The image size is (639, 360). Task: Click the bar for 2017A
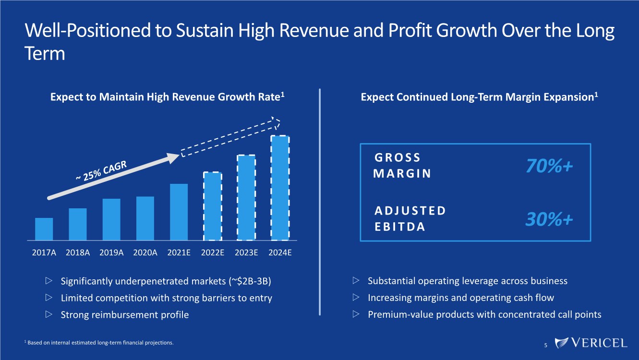[44, 229]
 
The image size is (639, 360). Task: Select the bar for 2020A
[145, 218]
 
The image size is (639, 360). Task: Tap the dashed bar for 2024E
[280, 188]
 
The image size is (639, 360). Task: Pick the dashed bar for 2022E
[213, 206]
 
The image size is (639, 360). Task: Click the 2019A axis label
[111, 253]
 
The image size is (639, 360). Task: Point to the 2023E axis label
[246, 253]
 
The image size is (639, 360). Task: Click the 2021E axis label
[179, 253]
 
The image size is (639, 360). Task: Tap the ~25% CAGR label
[101, 170]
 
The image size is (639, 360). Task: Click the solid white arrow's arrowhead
[173, 158]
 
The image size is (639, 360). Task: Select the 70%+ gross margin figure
[549, 166]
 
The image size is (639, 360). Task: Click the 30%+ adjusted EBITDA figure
[549, 219]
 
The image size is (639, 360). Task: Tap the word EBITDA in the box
[400, 227]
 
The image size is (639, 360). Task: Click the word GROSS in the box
[398, 157]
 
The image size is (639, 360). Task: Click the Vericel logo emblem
[561, 343]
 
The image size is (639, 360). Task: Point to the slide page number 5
[546, 345]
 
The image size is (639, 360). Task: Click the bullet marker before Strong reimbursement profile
[49, 314]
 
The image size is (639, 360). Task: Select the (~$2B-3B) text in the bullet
[250, 281]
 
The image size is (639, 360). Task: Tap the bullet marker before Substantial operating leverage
[356, 280]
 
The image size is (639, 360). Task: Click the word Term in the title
[45, 53]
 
